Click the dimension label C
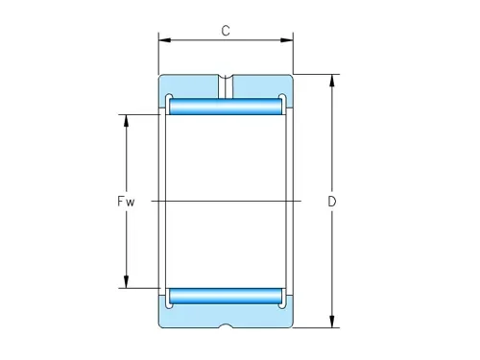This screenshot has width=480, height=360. [226, 31]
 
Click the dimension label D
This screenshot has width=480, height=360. [332, 202]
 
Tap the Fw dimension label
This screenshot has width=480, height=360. [126, 202]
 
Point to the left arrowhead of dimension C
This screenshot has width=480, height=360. [165, 40]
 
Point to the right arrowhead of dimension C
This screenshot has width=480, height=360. [287, 40]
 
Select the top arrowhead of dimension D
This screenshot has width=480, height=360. [332, 81]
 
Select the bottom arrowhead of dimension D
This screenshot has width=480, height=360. [332, 322]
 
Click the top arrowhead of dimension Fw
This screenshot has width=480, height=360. [126, 121]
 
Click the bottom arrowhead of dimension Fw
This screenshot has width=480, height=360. [126, 282]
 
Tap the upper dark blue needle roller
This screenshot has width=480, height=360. [226, 107]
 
